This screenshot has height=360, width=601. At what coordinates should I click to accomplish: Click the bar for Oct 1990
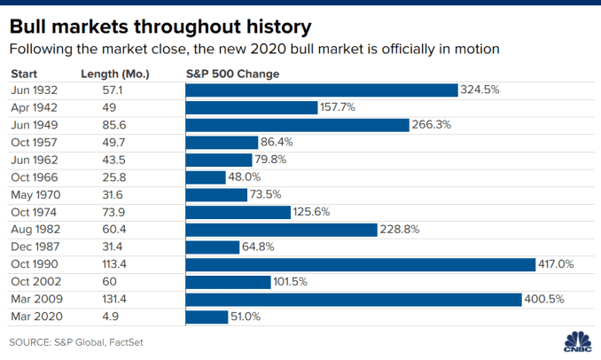[x=360, y=264]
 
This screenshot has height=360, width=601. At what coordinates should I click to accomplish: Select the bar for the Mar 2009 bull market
[x=354, y=300]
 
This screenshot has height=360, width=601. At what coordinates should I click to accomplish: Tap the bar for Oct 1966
[x=206, y=177]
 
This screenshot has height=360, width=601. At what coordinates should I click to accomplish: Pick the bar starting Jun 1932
[x=322, y=90]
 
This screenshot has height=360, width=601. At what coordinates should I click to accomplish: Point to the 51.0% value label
[x=246, y=317]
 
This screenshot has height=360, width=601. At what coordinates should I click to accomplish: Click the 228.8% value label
[x=400, y=230]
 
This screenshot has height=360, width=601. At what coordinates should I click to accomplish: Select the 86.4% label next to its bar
[x=277, y=142]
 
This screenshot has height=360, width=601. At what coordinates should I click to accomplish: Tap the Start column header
[x=24, y=74]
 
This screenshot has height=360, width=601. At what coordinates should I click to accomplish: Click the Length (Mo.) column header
[x=115, y=74]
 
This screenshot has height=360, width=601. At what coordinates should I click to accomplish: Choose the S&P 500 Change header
[x=232, y=74]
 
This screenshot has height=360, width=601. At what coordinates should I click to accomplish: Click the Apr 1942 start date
[x=34, y=107]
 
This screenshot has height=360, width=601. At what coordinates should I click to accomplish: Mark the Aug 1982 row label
[x=35, y=230]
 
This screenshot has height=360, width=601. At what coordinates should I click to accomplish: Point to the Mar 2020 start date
[x=37, y=317]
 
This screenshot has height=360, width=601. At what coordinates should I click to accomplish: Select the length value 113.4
[x=114, y=264]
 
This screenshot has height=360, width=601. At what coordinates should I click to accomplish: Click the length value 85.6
[x=114, y=125]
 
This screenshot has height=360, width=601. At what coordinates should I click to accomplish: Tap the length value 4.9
[x=111, y=317]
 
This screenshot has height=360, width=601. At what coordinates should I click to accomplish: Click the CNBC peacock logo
[x=578, y=341]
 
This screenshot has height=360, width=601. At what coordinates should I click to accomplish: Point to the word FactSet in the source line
[x=126, y=342]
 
